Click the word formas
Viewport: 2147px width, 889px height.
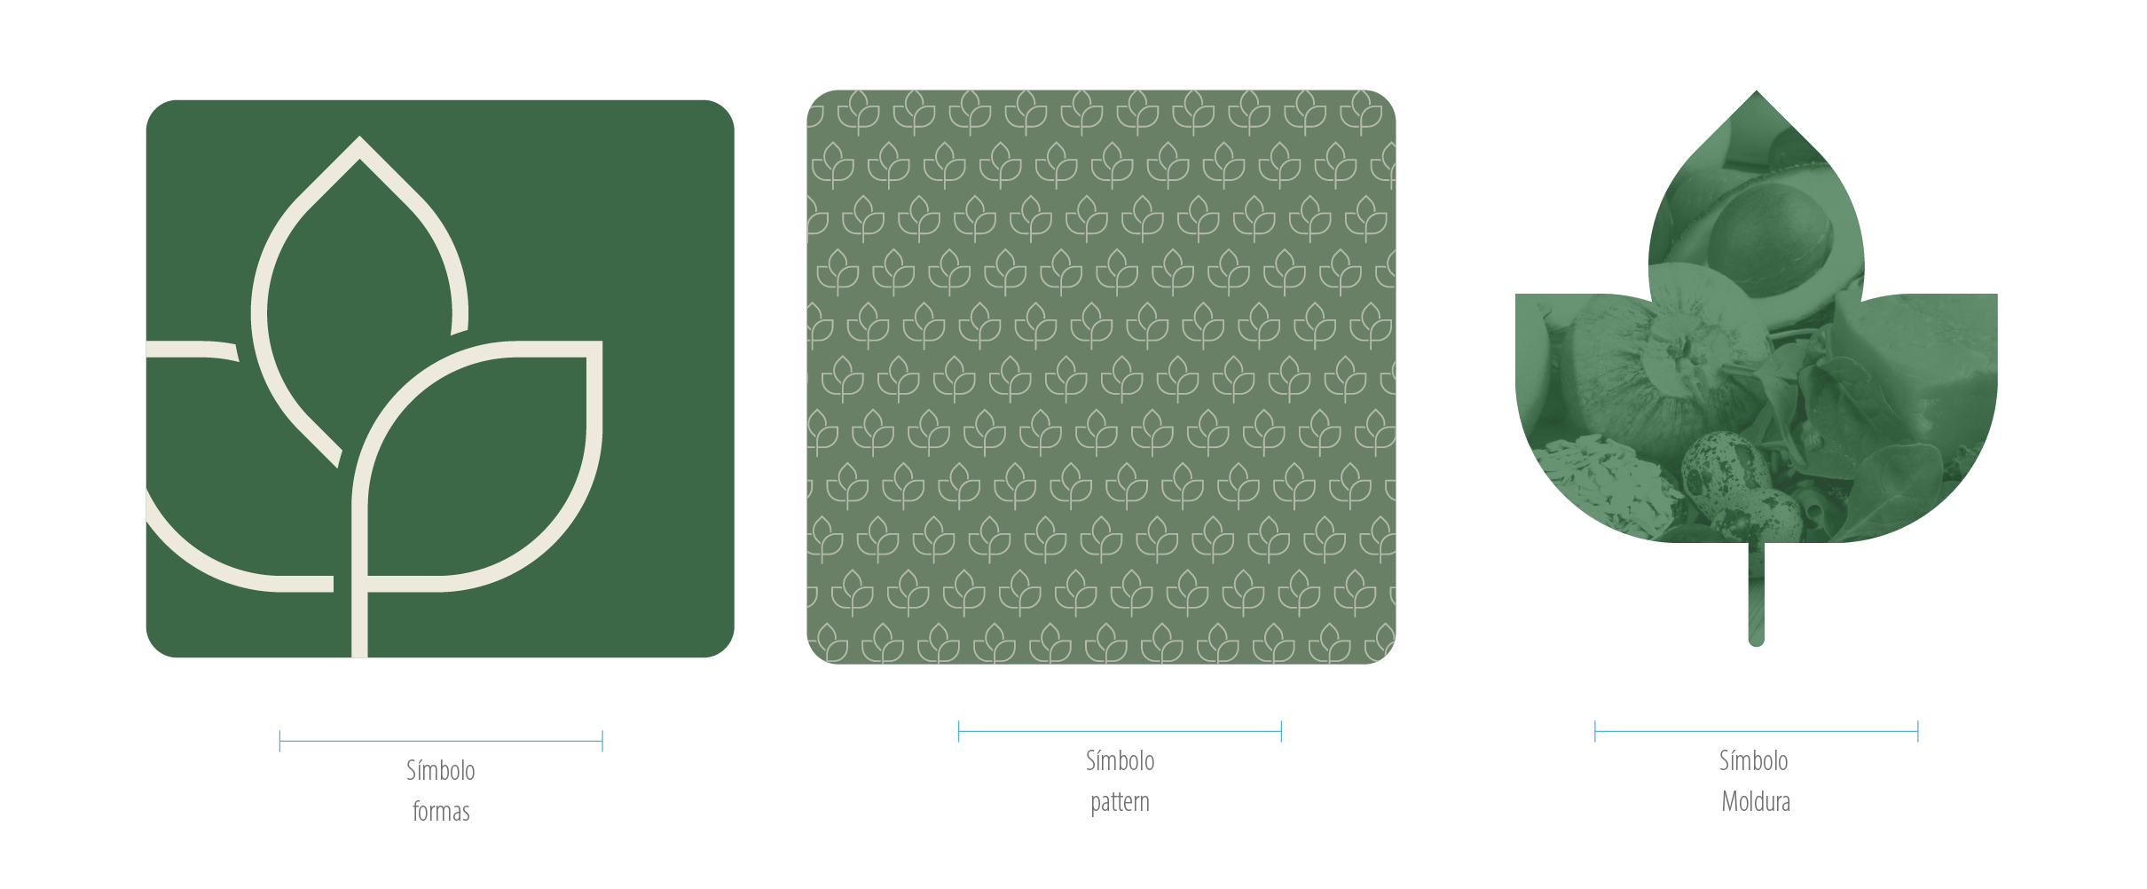point(441,811)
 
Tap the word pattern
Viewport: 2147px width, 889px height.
point(1120,802)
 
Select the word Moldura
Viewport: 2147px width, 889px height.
point(1756,801)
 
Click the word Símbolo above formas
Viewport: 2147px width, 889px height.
point(441,770)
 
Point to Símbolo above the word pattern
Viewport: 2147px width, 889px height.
point(1120,760)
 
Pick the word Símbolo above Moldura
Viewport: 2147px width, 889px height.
point(1753,760)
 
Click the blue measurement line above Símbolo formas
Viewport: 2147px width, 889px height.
point(441,741)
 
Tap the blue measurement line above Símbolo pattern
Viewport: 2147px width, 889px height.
point(1120,731)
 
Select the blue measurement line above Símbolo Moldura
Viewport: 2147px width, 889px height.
point(1756,731)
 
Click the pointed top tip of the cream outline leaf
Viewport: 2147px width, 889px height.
point(359,138)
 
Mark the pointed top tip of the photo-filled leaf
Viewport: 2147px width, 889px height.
point(1757,91)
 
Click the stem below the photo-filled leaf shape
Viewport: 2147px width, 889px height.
point(1756,594)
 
